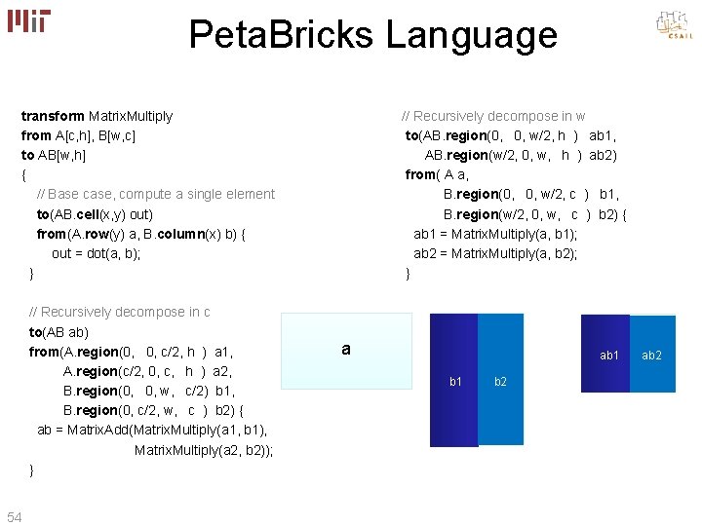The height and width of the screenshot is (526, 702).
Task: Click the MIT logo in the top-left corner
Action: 29,21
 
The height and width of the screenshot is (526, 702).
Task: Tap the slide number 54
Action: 15,515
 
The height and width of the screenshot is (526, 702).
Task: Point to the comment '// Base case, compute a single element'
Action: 155,194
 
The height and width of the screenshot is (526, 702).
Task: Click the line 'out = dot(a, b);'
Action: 97,253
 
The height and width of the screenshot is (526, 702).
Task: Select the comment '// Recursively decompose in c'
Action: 120,312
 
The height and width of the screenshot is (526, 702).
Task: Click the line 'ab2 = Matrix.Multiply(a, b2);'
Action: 495,253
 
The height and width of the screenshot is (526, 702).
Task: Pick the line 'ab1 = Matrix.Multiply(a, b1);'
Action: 495,234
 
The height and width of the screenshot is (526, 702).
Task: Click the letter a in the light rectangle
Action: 346,349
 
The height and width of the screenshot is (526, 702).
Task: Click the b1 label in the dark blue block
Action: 455,381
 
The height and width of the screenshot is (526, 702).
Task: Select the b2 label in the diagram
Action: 500,381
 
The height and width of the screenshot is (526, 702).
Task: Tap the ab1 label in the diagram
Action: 609,356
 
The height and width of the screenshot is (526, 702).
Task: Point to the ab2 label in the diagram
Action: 651,356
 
